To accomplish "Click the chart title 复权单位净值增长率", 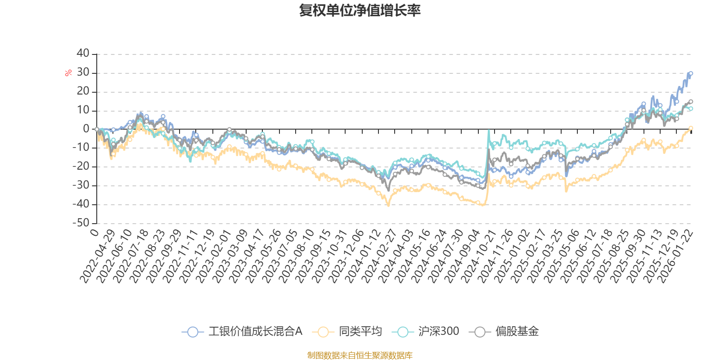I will (360, 10).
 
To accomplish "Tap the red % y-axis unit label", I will (68, 73).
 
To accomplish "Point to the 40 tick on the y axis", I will (83, 54).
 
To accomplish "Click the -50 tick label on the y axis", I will (81, 223).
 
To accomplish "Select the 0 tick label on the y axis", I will (86, 129).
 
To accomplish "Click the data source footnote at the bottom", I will (360, 355).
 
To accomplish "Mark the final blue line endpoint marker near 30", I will (691, 73).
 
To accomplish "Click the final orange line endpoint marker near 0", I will (691, 128).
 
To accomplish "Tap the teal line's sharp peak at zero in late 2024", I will (489, 130).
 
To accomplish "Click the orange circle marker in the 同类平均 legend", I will (323, 332).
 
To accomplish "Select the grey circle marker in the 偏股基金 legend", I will (480, 332).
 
